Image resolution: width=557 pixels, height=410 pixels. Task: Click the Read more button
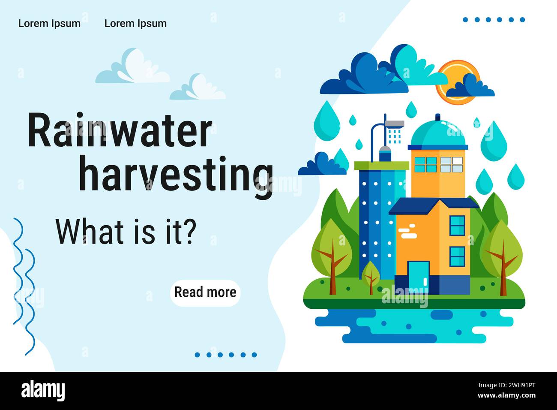205,292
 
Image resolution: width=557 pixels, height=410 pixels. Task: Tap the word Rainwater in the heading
120,131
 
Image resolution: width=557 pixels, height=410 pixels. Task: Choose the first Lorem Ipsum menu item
49,24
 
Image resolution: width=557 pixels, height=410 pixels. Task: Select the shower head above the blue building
395,124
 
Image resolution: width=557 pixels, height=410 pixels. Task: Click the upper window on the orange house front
457,225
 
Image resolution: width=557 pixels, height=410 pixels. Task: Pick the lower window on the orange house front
457,256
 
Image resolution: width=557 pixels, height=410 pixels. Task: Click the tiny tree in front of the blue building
371,275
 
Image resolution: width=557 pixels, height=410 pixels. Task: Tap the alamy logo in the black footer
43,391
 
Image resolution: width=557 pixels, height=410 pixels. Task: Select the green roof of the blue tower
381,165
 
